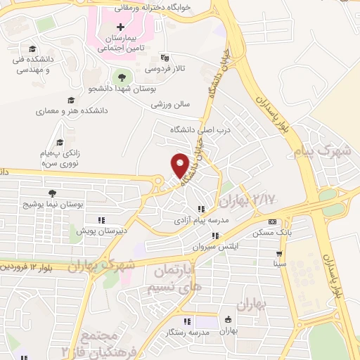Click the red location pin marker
coord(180,165)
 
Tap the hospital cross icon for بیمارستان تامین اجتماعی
coord(120,26)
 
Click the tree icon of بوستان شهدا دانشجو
coord(124,77)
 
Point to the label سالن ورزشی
coord(170,104)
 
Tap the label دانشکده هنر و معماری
coord(70,111)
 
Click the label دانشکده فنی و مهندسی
coord(31,65)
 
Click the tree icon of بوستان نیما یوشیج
coord(52,193)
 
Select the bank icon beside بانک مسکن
coord(272,221)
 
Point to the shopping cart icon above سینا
coord(280,254)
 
